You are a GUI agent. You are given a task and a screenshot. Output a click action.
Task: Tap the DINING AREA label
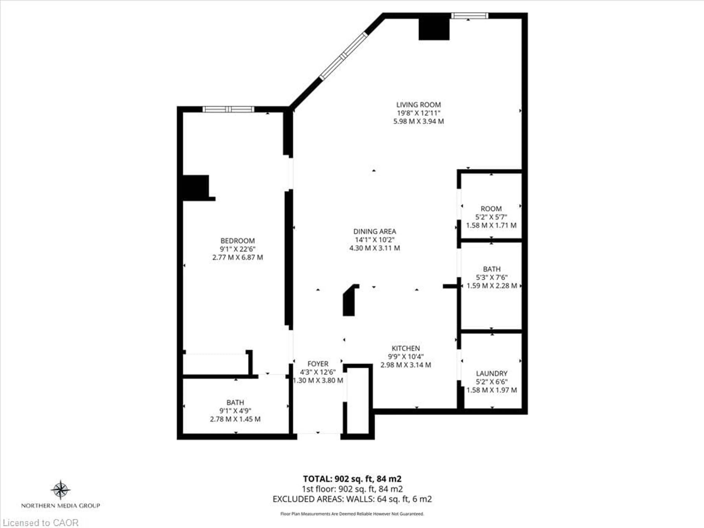tap(375, 231)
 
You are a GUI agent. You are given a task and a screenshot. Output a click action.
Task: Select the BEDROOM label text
tap(237, 241)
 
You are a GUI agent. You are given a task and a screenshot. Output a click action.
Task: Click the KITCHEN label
tap(406, 348)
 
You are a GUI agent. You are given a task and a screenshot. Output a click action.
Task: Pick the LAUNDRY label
tap(491, 373)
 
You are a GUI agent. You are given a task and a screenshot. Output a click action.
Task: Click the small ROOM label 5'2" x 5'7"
tap(491, 209)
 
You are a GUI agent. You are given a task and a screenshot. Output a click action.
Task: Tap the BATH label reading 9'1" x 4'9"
tap(235, 403)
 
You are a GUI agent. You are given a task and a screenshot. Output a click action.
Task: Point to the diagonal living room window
tap(343, 56)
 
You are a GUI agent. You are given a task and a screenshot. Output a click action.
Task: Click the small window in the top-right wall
tap(470, 16)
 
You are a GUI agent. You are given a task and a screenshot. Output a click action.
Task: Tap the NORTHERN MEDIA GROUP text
tap(60, 505)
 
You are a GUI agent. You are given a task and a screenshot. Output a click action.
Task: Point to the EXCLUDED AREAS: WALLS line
tap(352, 499)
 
